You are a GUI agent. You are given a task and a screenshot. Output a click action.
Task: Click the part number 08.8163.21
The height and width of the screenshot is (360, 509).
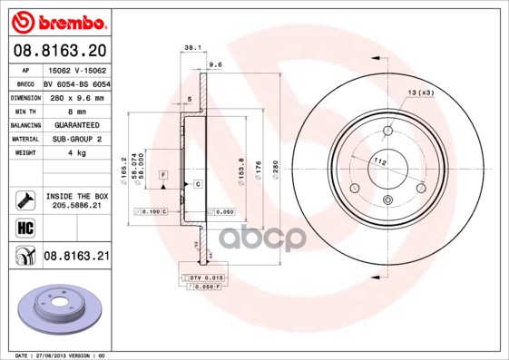click(76, 258)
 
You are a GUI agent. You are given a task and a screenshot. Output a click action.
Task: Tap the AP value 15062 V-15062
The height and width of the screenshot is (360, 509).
click(77, 69)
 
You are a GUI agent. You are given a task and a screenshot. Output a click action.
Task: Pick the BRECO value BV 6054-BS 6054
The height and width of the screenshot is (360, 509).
click(77, 83)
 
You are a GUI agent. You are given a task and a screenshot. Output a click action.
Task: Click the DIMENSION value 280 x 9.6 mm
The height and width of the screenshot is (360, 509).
click(77, 97)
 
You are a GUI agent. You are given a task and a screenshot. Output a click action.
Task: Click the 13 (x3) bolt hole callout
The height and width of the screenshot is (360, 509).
click(419, 93)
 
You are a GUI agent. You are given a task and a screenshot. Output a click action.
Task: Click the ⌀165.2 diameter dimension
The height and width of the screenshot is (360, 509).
click(122, 169)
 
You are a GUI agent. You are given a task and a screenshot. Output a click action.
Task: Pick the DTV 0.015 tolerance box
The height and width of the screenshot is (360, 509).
click(204, 276)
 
